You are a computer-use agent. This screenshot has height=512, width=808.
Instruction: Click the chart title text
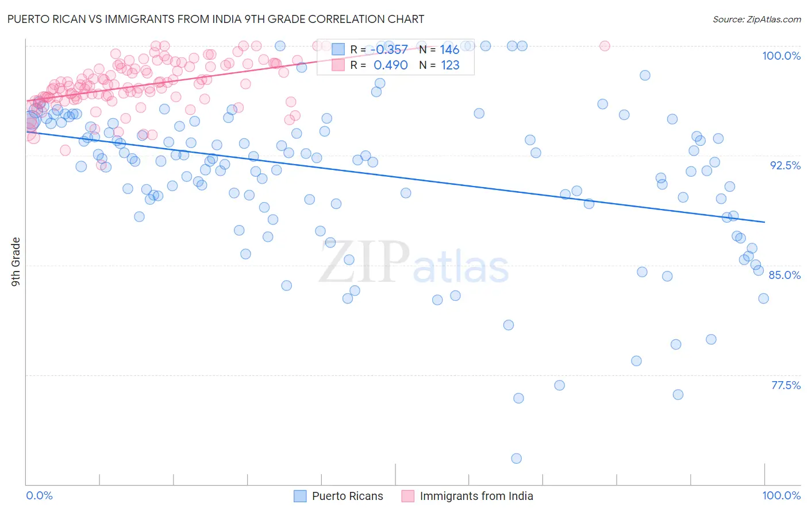[216, 19]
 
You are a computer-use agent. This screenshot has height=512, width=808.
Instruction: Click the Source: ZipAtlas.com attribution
[756, 19]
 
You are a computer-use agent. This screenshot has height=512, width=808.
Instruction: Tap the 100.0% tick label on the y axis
[781, 56]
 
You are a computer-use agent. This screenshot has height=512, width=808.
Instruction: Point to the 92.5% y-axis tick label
[785, 165]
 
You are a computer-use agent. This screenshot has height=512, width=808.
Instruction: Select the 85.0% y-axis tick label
[784, 275]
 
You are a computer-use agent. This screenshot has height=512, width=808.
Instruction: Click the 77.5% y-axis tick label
[786, 385]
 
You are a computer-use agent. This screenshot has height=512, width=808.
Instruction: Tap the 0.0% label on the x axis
[39, 495]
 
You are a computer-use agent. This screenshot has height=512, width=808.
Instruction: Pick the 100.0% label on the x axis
[781, 495]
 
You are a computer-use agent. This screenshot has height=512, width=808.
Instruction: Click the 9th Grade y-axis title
[16, 261]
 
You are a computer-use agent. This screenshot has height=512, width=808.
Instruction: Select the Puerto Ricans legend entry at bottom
[347, 496]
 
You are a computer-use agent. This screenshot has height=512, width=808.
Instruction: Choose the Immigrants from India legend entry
[476, 496]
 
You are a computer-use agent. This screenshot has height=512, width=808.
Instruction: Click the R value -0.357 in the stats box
[390, 50]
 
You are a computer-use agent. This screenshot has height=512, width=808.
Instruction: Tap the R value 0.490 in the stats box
[391, 65]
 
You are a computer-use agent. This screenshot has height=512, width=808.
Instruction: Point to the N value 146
[449, 50]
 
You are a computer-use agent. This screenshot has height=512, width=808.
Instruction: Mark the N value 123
[450, 65]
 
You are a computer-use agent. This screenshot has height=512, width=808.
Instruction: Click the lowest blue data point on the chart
[516, 458]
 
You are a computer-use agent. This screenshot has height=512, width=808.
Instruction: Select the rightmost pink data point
[604, 46]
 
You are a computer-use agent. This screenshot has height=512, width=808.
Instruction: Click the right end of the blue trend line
[764, 222]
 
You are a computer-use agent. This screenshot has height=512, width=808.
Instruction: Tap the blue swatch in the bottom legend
[300, 496]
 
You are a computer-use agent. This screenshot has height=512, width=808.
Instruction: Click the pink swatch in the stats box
[338, 65]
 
